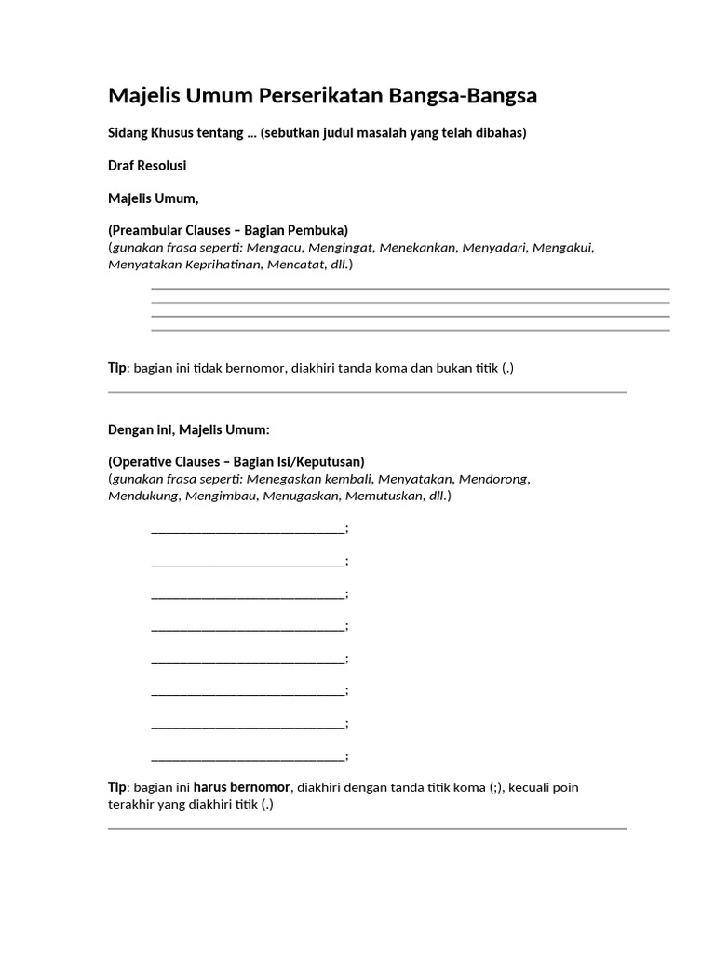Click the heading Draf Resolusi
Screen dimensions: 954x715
[147, 166]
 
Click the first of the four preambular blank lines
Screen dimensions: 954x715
[410, 290]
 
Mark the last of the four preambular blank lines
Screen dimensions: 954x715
[410, 331]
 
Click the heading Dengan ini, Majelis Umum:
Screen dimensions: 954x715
[189, 429]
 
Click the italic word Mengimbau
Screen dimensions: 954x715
[223, 496]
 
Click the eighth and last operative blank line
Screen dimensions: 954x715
[248, 757]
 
